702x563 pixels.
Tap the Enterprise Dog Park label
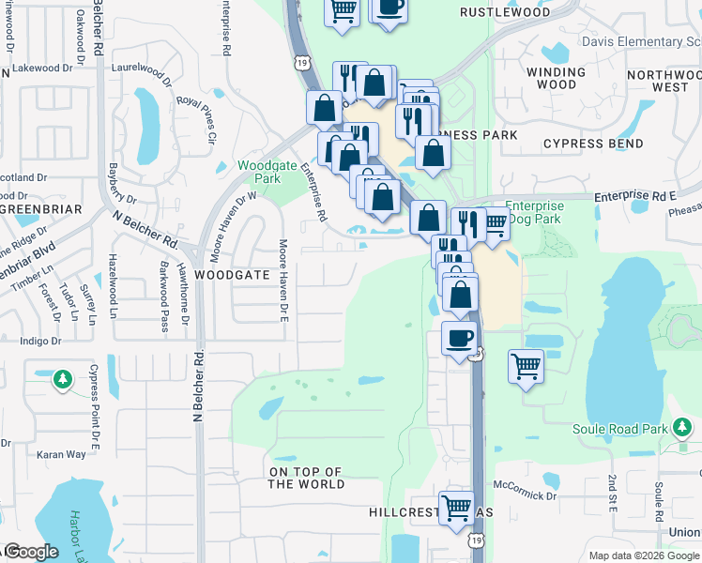pyautogui.click(x=534, y=212)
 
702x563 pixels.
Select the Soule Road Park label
pyautogui.click(x=619, y=429)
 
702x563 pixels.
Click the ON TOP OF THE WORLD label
pyautogui.click(x=306, y=478)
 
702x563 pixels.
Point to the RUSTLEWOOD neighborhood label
pyautogui.click(x=505, y=12)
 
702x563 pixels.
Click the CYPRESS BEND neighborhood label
pyautogui.click(x=593, y=144)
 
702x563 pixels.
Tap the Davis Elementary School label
pyautogui.click(x=641, y=42)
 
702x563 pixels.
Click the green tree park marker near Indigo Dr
pyautogui.click(x=62, y=379)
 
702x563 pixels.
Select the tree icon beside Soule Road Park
pyautogui.click(x=682, y=429)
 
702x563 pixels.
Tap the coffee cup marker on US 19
pyautogui.click(x=459, y=338)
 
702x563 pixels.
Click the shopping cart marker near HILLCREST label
pyautogui.click(x=456, y=508)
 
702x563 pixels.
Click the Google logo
pyautogui.click(x=31, y=552)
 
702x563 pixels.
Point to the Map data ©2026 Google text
pyautogui.click(x=643, y=555)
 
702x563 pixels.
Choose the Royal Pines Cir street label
pyautogui.click(x=198, y=118)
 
